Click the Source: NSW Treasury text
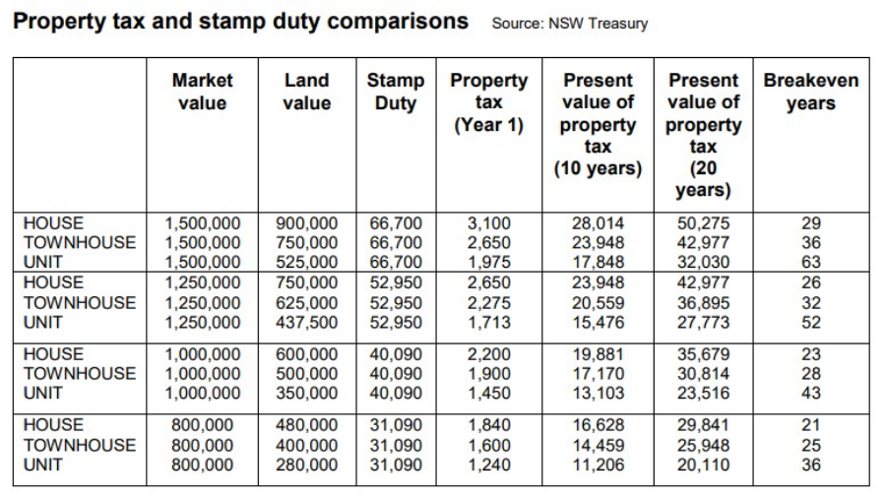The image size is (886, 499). (x=569, y=24)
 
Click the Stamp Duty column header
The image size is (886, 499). (x=396, y=92)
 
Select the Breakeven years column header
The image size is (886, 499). (x=811, y=92)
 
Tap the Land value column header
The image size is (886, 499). (x=306, y=92)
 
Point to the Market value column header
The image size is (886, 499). (x=202, y=92)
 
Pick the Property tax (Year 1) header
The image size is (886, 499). (x=488, y=102)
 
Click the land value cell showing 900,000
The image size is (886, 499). (x=306, y=223)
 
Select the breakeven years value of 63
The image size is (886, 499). (x=811, y=262)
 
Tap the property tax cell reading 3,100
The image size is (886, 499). (x=489, y=223)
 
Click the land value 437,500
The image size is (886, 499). (x=306, y=322)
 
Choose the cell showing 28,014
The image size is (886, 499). (x=598, y=223)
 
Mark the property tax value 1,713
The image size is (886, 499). (x=489, y=322)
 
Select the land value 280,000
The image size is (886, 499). (x=306, y=465)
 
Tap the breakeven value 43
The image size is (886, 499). (x=811, y=393)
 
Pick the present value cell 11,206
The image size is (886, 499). (x=598, y=465)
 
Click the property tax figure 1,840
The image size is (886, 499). (x=489, y=425)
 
